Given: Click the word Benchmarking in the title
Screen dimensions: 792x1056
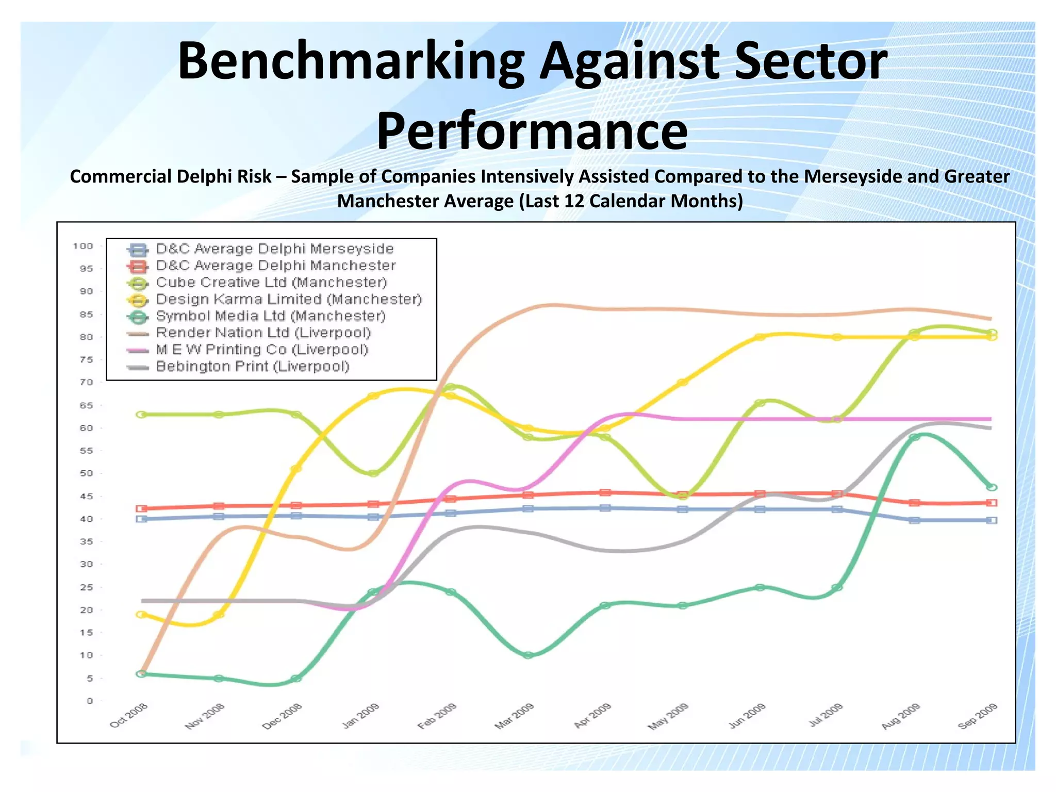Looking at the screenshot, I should pos(351,62).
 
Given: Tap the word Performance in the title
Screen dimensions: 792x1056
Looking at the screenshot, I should pos(532,131).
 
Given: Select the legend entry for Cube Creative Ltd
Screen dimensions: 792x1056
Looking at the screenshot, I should pos(271,283).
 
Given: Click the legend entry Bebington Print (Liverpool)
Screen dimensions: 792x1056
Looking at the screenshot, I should pos(252,367).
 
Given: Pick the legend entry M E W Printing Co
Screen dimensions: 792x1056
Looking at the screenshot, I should pos(262,350).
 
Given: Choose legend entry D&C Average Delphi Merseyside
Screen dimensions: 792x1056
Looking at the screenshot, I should pos(274,249).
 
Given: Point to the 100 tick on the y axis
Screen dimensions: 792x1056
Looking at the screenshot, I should pos(83,246).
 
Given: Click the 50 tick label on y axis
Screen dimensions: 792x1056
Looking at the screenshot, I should pos(86,473).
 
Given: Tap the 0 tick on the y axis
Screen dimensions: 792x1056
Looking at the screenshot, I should pos(90,701).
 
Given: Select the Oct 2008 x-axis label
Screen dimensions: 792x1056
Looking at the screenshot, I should pos(129,715).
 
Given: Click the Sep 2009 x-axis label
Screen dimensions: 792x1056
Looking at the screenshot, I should pos(978,716).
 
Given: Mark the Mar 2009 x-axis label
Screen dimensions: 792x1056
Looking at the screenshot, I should pos(514,716).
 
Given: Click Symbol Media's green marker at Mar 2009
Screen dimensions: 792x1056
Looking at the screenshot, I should pos(528,655).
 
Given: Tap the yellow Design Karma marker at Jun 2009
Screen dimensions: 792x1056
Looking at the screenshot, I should pos(760,337).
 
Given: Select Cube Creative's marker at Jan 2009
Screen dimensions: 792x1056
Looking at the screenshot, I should pos(373,473).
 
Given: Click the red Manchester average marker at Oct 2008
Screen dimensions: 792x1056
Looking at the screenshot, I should pos(142,508).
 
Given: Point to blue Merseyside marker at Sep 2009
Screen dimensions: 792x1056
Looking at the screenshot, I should pos(991,520).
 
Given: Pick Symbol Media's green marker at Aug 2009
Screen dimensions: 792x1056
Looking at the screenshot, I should pos(914,437).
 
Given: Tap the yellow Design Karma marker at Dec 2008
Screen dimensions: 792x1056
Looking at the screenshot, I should pos(296,469).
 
